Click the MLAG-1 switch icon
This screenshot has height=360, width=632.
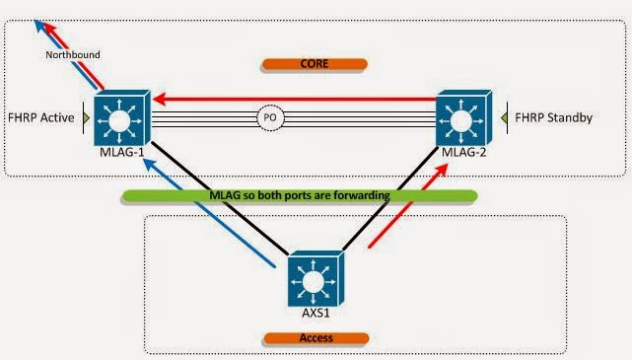coord(119,118)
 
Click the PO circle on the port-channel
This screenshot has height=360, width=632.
coord(271,118)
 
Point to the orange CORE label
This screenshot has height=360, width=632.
coord(314,65)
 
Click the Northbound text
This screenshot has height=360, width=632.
coord(73,55)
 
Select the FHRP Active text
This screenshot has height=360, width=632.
coord(41,118)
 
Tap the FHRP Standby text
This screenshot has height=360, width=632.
coord(559,118)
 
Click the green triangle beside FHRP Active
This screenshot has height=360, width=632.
coord(87,118)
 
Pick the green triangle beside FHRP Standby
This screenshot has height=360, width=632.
coord(505,118)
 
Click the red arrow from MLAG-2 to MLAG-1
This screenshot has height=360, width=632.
coord(296,98)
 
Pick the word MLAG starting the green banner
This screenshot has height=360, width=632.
coord(212,195)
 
